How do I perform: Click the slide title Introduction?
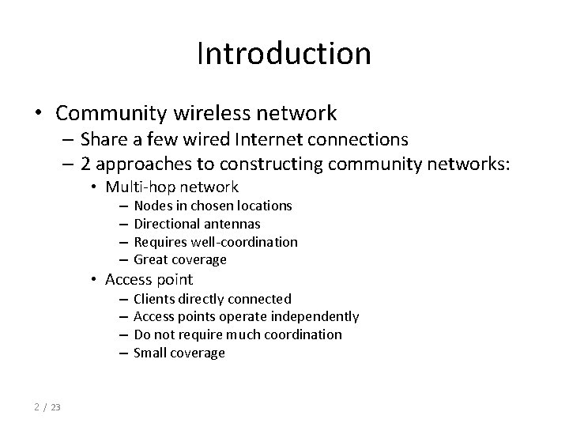click(284, 54)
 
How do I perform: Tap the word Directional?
click(165, 224)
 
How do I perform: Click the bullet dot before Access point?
click(93, 280)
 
